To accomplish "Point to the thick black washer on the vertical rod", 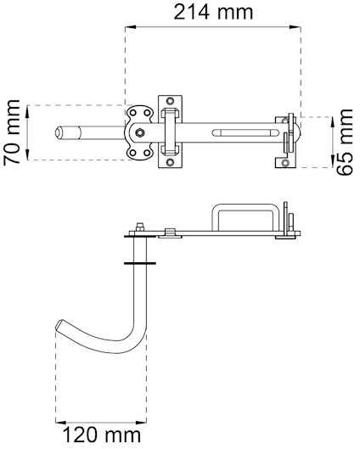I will [139, 263].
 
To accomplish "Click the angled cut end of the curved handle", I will [60, 327].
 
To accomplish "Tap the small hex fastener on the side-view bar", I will [170, 230].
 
